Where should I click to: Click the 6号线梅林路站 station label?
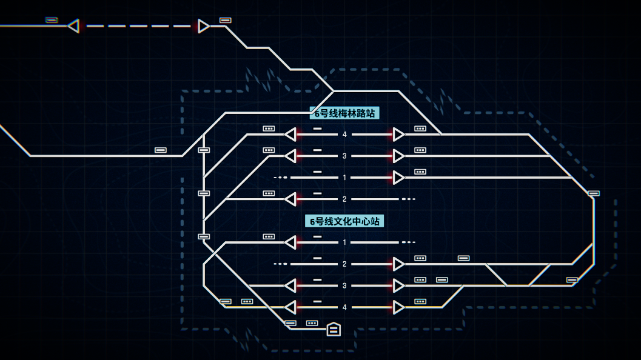[344, 113]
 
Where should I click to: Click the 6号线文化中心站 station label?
[344, 221]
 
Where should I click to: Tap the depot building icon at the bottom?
[334, 329]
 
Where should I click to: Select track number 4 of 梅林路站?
[344, 135]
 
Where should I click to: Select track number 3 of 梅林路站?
[344, 156]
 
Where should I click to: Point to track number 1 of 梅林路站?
[344, 178]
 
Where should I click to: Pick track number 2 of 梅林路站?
[344, 199]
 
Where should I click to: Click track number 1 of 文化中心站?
[344, 242]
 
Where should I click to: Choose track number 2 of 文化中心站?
[344, 264]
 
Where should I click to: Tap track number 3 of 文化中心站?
[344, 285]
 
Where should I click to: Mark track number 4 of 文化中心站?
[344, 307]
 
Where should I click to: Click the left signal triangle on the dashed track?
[73, 26]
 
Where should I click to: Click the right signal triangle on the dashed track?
[203, 26]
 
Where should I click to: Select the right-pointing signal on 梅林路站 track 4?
[398, 135]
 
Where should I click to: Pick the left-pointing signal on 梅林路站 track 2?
[290, 199]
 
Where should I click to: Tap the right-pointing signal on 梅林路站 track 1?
[398, 178]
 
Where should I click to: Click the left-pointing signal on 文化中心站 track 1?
[290, 242]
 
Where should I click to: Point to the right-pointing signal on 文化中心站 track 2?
[398, 264]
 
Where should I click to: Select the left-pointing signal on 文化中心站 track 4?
[290, 307]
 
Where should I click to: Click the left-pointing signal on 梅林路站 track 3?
[290, 156]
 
